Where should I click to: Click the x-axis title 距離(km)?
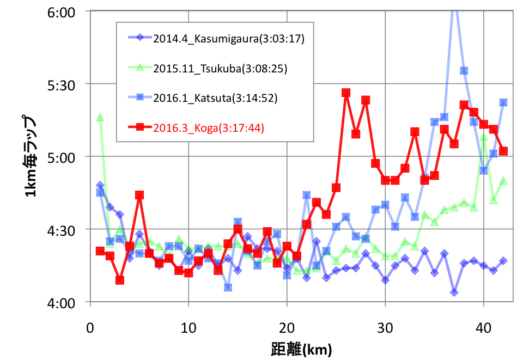[x=301, y=347]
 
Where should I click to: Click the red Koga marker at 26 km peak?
[x=346, y=93]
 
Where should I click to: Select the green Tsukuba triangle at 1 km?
[x=100, y=118]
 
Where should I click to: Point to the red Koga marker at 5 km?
[x=139, y=195]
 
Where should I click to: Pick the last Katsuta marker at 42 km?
[x=503, y=102]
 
